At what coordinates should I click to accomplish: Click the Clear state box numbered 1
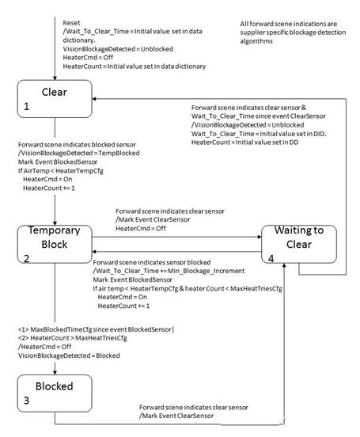55,99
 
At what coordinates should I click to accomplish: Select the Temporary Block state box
55,244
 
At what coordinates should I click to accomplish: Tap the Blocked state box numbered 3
55,393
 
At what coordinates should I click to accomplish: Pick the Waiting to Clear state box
299,244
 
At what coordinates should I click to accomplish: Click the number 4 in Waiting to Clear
271,258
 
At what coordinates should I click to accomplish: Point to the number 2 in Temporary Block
26,258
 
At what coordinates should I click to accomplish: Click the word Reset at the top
71,23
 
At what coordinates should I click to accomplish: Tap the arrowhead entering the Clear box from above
55,78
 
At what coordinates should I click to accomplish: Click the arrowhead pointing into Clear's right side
94,99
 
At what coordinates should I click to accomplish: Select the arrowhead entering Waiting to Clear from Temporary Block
260,237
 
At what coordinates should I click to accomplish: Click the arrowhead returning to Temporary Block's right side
94,252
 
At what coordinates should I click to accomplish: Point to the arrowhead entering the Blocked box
55,373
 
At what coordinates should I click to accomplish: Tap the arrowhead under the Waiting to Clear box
284,265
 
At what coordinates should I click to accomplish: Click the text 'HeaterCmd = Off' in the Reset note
88,58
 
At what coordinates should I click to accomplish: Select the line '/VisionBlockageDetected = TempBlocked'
79,153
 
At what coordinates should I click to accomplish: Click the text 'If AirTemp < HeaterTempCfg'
61,170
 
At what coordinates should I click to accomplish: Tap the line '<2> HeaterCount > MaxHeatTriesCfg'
73,338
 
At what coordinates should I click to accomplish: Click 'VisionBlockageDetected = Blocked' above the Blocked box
69,355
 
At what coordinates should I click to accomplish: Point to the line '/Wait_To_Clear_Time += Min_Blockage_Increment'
169,271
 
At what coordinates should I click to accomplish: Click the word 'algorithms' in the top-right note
256,41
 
